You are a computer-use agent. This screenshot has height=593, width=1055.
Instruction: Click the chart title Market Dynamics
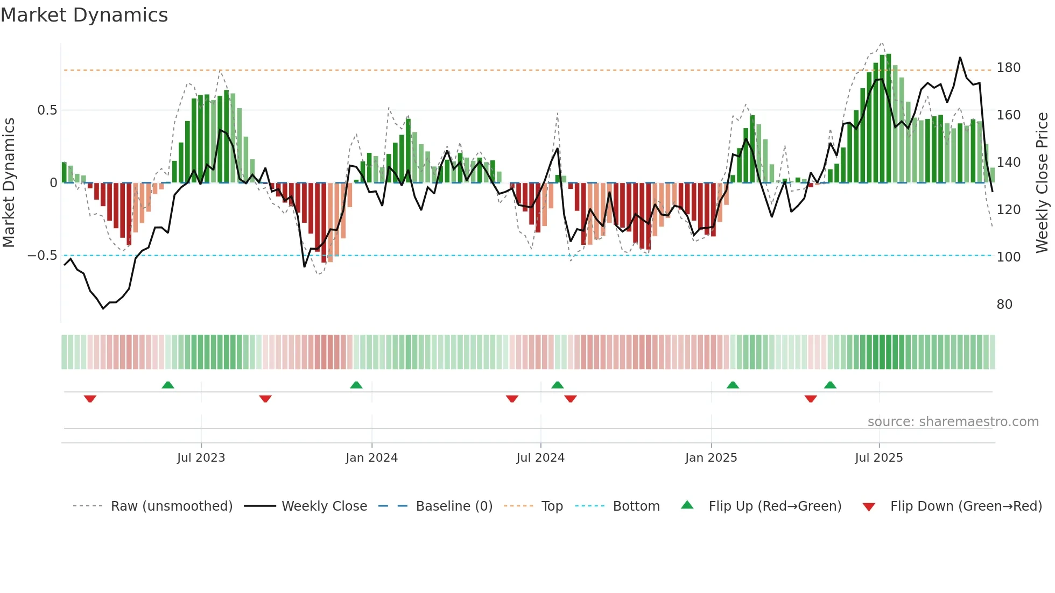tap(84, 15)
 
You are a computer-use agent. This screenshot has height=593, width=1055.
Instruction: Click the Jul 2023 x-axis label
tap(201, 458)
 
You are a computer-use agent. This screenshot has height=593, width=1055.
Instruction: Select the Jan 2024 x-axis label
tap(371, 458)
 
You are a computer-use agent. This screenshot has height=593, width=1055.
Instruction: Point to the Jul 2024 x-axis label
tap(540, 458)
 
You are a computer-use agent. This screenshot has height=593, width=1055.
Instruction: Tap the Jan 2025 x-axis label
tap(711, 458)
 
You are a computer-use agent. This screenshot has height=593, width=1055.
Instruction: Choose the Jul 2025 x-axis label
tap(878, 458)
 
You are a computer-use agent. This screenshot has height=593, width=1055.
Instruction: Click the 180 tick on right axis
tap(1008, 68)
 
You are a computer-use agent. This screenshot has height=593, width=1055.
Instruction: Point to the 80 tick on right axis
tap(1004, 305)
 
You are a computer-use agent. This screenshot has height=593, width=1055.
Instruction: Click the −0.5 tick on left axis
tap(42, 256)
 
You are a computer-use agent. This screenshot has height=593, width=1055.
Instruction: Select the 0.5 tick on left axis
tap(47, 110)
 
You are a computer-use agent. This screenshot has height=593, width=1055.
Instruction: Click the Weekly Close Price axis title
tap(1042, 182)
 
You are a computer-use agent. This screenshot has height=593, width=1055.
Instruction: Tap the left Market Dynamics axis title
tap(9, 182)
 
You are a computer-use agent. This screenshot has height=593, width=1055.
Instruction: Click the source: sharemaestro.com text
tap(953, 422)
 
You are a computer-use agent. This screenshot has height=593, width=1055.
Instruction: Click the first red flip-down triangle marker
tap(90, 399)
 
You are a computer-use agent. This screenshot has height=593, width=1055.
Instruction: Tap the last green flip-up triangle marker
tap(830, 385)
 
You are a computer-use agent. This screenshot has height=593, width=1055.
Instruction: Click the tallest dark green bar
tap(889, 118)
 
